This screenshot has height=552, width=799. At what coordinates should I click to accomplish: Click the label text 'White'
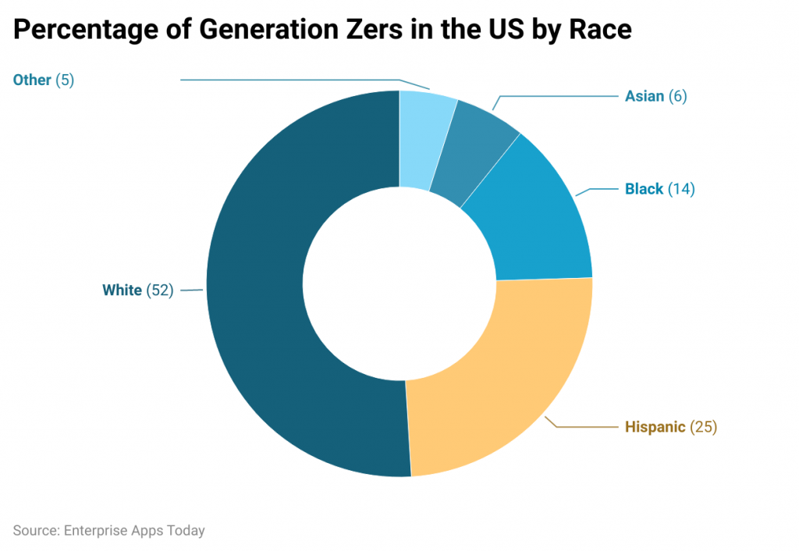pos(122,290)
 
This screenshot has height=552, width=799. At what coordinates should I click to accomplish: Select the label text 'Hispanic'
pos(655,427)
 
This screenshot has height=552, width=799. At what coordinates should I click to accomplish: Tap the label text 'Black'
pos(644,189)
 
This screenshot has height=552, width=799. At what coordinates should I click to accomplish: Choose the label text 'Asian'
pos(645,96)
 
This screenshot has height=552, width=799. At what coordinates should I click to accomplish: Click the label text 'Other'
pos(32,80)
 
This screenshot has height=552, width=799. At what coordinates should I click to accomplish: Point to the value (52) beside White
pos(160,290)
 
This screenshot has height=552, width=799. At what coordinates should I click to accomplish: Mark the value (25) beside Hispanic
pos(703,427)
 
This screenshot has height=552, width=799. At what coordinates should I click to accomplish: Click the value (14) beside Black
pos(681,189)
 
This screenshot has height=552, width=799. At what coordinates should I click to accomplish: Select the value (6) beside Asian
pos(678,96)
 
